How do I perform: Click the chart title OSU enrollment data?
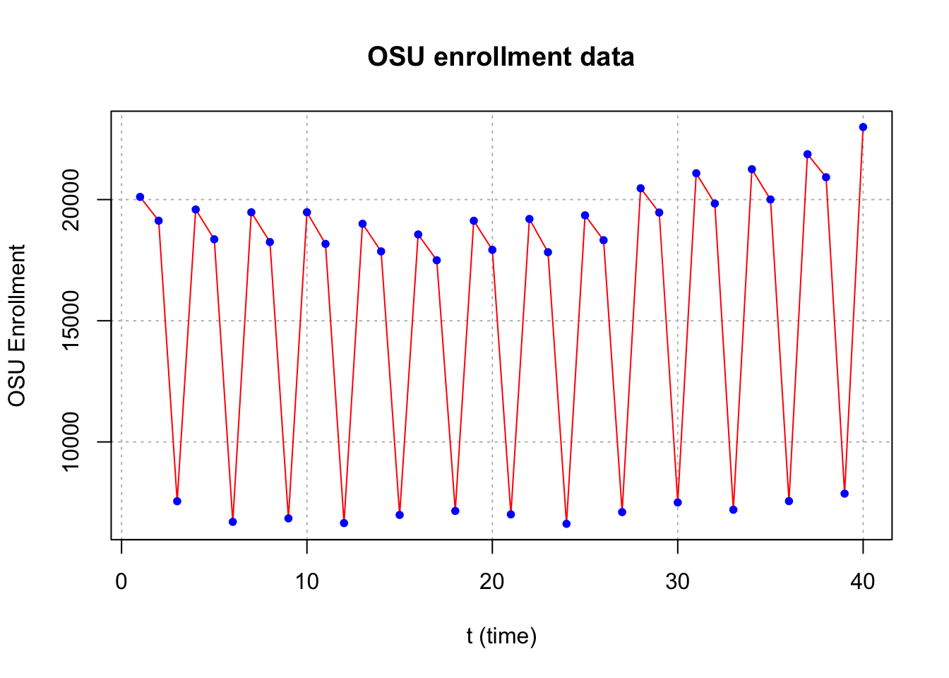[501, 56]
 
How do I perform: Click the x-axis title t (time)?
[501, 636]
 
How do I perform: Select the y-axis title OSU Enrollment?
[17, 326]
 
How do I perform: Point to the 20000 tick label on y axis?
[71, 200]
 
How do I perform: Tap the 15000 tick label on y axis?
[71, 321]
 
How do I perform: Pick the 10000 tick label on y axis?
[71, 442]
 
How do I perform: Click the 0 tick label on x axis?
[121, 582]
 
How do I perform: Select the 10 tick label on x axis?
[306, 582]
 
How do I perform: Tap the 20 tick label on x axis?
[492, 582]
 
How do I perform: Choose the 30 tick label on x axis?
[677, 582]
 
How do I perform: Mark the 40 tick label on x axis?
[863, 582]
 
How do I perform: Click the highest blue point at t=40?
[863, 127]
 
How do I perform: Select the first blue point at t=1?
[141, 197]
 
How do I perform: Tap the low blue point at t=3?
[177, 501]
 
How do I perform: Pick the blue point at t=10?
[306, 213]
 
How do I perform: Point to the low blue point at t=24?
[566, 524]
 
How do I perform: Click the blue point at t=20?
[492, 250]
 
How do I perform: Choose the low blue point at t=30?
[677, 503]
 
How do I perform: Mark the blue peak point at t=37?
[808, 154]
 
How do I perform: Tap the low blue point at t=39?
[844, 494]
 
